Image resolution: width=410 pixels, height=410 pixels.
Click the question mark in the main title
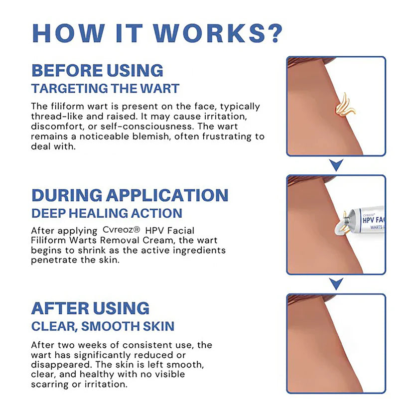pyautogui.click(x=273, y=32)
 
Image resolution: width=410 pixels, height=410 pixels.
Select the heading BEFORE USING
pyautogui.click(x=97, y=70)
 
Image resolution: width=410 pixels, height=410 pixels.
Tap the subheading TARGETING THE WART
pyautogui.click(x=105, y=89)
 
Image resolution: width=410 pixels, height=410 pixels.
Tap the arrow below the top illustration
pyautogui.click(x=337, y=165)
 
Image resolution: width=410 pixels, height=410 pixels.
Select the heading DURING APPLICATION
pyautogui.click(x=130, y=195)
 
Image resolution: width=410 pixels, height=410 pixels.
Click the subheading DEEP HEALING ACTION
pyautogui.click(x=107, y=213)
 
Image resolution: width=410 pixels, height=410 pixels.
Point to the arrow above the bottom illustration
pyautogui.click(x=337, y=284)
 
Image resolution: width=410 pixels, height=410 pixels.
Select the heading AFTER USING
pyautogui.click(x=90, y=308)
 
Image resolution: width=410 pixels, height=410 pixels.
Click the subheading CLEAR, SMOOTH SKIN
pyautogui.click(x=103, y=326)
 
